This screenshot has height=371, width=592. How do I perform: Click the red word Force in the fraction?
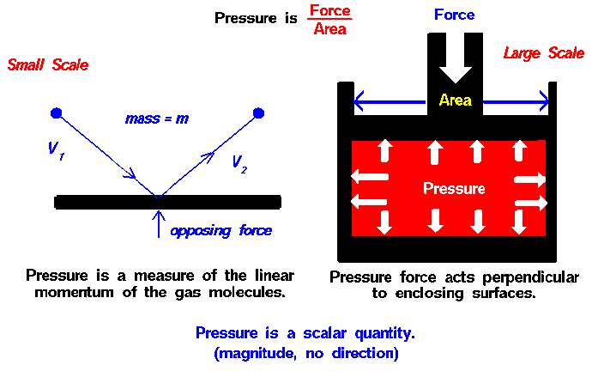(330, 10)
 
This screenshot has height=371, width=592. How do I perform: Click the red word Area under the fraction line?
(330, 29)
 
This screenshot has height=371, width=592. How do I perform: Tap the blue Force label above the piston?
(454, 15)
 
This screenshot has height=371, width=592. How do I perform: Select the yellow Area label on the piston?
(456, 100)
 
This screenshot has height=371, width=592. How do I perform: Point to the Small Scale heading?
(48, 65)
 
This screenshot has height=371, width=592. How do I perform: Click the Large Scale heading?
(544, 53)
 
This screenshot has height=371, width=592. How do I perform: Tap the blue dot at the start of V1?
(57, 113)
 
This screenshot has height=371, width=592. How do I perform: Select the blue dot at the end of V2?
(258, 113)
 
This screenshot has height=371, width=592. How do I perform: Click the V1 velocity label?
(57, 150)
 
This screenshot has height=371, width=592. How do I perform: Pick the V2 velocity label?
(239, 164)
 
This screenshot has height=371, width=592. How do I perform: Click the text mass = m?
(157, 119)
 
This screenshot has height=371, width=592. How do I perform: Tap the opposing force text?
(220, 231)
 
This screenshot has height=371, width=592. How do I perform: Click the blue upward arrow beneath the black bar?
(159, 224)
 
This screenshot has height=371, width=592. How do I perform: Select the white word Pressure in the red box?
(454, 188)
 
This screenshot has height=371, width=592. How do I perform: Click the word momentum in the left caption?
(74, 292)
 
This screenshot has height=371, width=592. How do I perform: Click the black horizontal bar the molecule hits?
(167, 202)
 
